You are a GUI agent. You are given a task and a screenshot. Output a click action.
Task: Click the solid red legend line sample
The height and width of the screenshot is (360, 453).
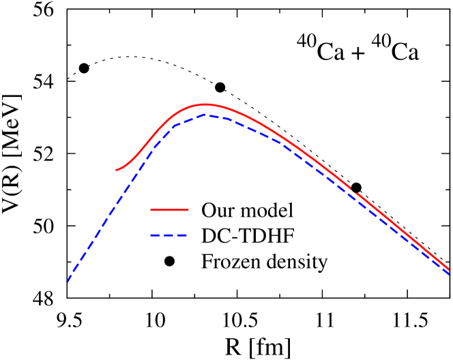pyautogui.click(x=169, y=210)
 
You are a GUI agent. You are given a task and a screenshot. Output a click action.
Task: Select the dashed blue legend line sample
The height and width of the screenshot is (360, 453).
pyautogui.click(x=169, y=235)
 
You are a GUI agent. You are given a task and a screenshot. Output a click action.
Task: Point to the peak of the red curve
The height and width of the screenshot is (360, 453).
pyautogui.click(x=205, y=104)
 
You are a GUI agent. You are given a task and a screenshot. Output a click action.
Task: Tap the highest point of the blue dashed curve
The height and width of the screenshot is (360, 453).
pyautogui.click(x=206, y=116)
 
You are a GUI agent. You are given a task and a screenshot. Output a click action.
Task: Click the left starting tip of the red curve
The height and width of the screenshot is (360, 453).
pyautogui.click(x=117, y=170)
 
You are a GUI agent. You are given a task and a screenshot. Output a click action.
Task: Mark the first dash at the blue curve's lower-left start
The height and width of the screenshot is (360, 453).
pyautogui.click(x=70, y=276)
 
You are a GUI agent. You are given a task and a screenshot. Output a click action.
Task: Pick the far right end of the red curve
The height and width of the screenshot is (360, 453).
pyautogui.click(x=448, y=268)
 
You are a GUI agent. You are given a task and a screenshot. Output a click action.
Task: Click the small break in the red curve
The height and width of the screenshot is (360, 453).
pyautogui.click(x=353, y=190)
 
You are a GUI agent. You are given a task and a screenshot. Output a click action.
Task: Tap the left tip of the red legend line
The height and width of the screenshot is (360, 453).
pyautogui.click(x=151, y=210)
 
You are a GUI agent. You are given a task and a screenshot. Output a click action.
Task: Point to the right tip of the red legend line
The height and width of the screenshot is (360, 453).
pyautogui.click(x=188, y=210)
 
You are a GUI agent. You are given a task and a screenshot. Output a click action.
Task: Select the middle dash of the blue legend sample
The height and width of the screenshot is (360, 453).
pyautogui.click(x=169, y=235)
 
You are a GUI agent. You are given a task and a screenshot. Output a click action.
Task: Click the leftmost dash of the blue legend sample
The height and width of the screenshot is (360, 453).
pyautogui.click(x=155, y=235)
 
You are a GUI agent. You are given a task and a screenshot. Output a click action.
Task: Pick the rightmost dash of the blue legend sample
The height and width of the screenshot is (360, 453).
pyautogui.click(x=181, y=235)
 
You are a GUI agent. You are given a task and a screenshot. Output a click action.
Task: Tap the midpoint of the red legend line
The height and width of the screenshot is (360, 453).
pyautogui.click(x=169, y=210)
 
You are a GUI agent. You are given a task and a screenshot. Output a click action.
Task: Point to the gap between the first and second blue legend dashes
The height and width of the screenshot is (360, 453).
pyautogui.click(x=162, y=235)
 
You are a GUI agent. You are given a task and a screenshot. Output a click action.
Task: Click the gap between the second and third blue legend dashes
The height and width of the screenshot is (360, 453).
pyautogui.click(x=175, y=235)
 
